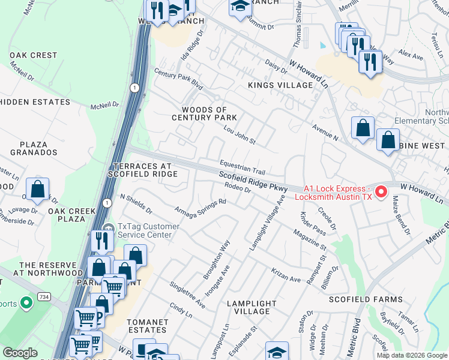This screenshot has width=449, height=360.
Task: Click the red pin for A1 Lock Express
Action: point(381,193)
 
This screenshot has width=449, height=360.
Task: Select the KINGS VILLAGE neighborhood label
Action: point(280,85)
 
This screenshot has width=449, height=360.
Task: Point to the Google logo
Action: point(20,353)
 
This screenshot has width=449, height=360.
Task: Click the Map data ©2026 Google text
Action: point(411,355)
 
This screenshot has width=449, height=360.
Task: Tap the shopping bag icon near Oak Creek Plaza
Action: point(37,189)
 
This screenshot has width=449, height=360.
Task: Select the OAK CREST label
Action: point(33,55)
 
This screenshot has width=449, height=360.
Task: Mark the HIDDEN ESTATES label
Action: point(35,102)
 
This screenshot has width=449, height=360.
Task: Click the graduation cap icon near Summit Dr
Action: point(240,7)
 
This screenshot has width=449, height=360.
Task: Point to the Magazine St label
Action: point(310,239)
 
